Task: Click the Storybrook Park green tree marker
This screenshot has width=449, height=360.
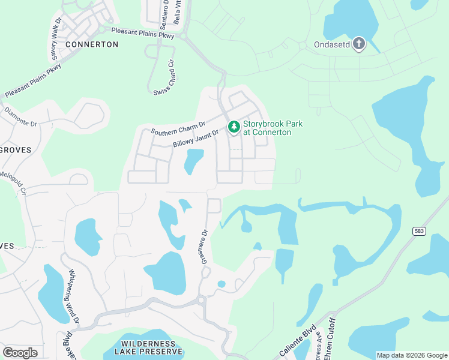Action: (x=234, y=127)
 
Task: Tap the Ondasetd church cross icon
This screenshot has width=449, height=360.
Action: (x=359, y=43)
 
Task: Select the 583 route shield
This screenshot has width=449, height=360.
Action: (x=419, y=230)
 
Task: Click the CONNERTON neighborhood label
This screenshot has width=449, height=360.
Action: (x=92, y=44)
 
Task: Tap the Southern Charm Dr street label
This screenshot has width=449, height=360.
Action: (x=178, y=127)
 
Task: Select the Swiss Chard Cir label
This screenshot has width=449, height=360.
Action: (x=170, y=77)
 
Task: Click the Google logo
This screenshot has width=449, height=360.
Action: (x=20, y=352)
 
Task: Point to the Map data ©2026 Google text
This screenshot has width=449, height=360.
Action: (x=411, y=355)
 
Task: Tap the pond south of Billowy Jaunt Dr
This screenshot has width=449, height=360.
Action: (x=193, y=161)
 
